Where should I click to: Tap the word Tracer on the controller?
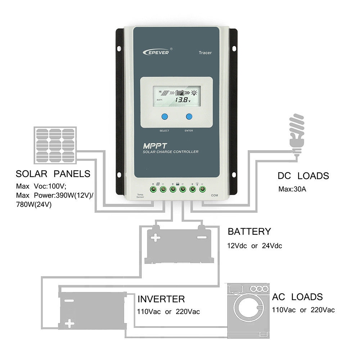(x=205, y=53)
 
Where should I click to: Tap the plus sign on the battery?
(x=156, y=238)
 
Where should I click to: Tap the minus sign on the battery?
(x=201, y=237)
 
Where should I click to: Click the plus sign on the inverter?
(x=70, y=324)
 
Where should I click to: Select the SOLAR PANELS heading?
(x=53, y=174)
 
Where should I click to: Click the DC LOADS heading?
(x=303, y=176)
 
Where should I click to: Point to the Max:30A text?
(x=292, y=189)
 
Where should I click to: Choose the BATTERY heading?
(x=249, y=231)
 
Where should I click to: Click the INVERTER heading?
(x=161, y=299)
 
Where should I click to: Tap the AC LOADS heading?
(x=297, y=297)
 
